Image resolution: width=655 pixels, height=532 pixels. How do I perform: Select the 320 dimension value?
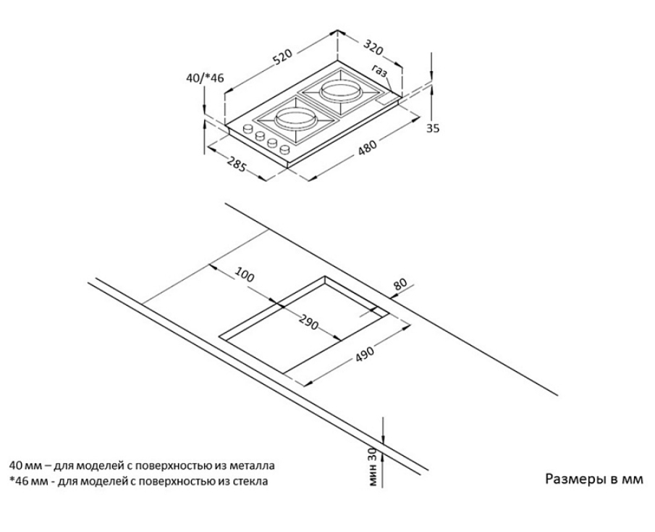(x=373, y=49)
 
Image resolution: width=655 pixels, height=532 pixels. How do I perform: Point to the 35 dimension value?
(x=432, y=128)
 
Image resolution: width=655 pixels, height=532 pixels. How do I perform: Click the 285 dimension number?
(x=234, y=164)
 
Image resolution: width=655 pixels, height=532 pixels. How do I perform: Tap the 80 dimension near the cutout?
(x=400, y=285)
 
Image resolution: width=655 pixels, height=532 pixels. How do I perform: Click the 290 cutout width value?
(x=307, y=324)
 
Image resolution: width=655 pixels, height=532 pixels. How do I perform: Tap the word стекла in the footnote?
(x=249, y=479)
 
